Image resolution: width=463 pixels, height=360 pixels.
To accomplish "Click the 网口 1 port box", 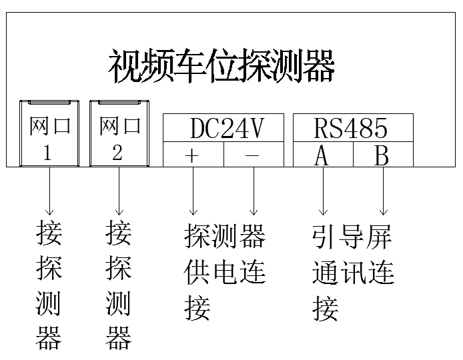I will point(49,133).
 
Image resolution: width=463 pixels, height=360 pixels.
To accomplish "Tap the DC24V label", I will point(223,127).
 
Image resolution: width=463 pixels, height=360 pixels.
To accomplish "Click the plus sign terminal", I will point(193,155).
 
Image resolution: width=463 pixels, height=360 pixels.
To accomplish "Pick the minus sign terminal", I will point(252,155).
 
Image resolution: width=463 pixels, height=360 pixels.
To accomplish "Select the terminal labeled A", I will point(322,155).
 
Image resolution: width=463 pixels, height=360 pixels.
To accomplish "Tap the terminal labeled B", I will point(382,155).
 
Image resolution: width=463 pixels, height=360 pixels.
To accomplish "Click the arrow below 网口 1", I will point(50,190).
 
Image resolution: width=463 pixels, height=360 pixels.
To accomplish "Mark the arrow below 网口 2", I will point(118,190).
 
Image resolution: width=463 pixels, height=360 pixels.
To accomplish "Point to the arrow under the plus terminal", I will point(193,190).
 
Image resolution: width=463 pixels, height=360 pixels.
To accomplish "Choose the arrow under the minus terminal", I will point(253,190).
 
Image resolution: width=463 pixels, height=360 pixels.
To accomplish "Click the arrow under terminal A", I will point(323,190).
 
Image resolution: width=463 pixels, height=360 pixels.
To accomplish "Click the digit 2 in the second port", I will point(117,153).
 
